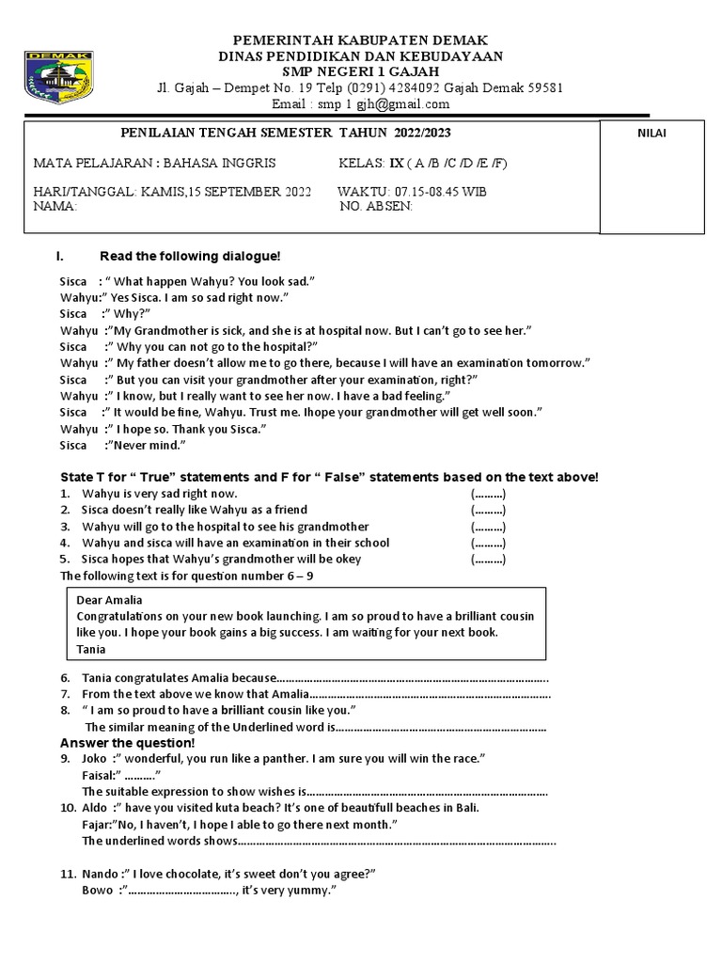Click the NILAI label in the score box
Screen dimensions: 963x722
pyautogui.click(x=651, y=134)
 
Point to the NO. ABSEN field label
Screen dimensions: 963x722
pyautogui.click(x=375, y=206)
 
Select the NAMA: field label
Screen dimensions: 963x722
pyautogui.click(x=55, y=206)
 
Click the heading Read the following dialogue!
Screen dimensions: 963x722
pyautogui.click(x=190, y=257)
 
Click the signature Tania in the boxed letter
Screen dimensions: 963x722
pyautogui.click(x=91, y=649)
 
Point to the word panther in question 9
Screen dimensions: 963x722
pyautogui.click(x=287, y=758)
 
